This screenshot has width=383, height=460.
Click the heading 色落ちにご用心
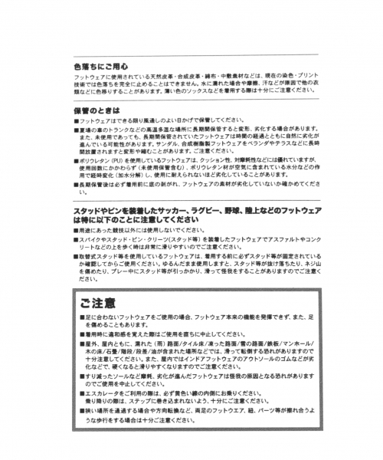[x=95, y=66]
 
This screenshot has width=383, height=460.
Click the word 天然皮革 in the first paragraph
[x=147, y=77]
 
